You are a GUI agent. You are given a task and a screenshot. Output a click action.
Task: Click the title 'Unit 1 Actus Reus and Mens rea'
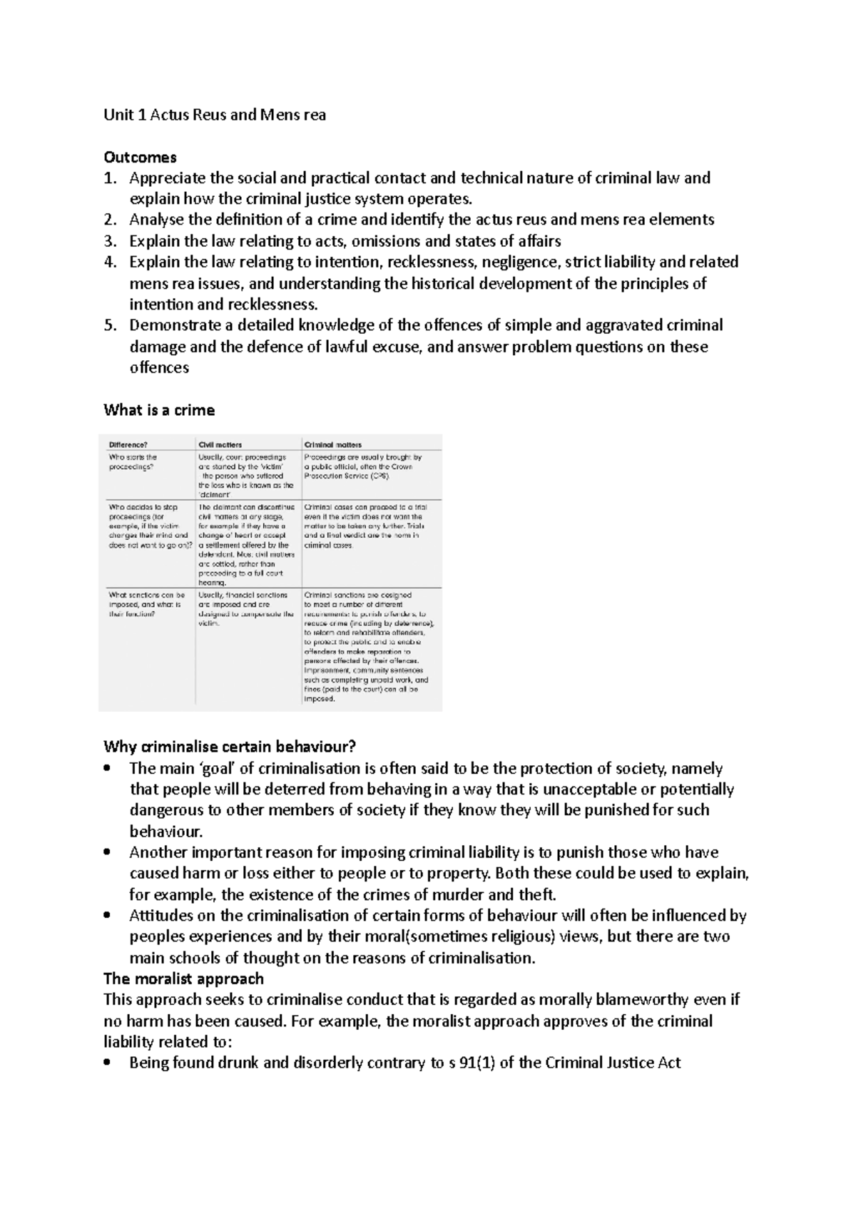click(215, 115)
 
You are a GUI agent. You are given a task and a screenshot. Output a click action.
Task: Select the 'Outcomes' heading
click(140, 157)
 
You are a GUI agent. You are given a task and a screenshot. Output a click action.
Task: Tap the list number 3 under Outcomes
click(109, 241)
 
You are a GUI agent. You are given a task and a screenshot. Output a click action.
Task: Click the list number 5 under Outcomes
click(109, 326)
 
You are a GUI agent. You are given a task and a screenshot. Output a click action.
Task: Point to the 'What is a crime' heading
click(158, 410)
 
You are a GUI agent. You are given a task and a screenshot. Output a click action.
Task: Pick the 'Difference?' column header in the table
click(128, 444)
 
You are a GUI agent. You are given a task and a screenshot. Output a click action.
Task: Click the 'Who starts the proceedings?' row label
click(133, 461)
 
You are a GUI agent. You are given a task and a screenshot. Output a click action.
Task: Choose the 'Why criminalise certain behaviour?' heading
click(229, 747)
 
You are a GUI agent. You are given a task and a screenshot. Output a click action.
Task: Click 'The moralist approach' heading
click(183, 978)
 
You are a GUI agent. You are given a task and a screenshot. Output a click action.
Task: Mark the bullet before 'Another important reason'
click(108, 852)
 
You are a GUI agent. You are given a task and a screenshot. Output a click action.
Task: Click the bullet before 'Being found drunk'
click(108, 1063)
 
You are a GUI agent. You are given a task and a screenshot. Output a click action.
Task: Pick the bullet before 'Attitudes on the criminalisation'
click(108, 916)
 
